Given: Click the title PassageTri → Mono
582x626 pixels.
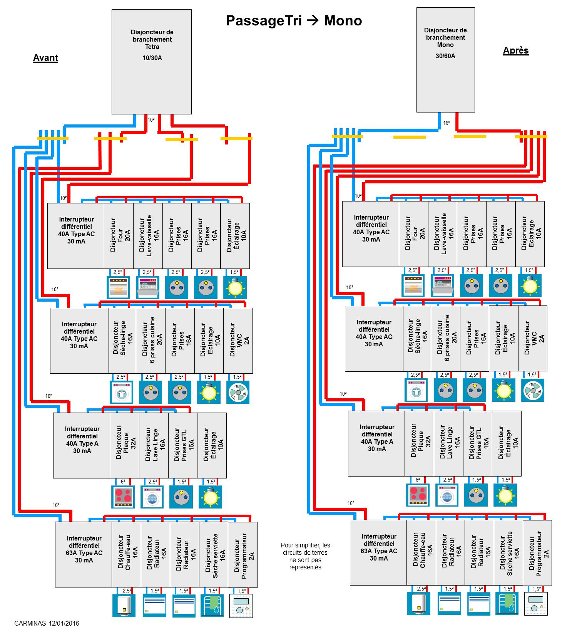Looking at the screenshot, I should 294,21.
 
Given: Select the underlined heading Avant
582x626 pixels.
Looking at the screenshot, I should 45,58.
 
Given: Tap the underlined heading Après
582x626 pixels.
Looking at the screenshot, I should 515,51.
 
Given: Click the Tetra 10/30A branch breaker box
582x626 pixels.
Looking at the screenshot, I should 152,62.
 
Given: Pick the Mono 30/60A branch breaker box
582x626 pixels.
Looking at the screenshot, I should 445,60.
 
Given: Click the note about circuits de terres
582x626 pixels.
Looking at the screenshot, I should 305,556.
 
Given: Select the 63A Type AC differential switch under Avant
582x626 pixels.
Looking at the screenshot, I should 84,554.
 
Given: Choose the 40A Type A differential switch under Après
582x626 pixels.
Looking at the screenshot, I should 376,443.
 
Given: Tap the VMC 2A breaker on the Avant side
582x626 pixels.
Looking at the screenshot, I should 238,340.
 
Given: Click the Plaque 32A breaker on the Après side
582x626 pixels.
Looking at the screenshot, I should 419,443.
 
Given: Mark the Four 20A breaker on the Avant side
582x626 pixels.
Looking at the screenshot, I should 119,235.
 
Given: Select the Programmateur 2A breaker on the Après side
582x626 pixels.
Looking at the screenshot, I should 537,552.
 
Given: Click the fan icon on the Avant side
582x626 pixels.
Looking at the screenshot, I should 238,392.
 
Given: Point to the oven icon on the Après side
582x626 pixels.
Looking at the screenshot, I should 413,285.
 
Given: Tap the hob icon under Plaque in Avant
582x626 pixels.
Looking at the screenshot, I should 123,497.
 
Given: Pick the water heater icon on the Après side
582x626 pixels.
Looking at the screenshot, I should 418,603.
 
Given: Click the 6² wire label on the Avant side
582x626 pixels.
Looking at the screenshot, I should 123,482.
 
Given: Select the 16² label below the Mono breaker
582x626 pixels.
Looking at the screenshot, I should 447,123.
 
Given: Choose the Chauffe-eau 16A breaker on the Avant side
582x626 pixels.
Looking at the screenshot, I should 126,554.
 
